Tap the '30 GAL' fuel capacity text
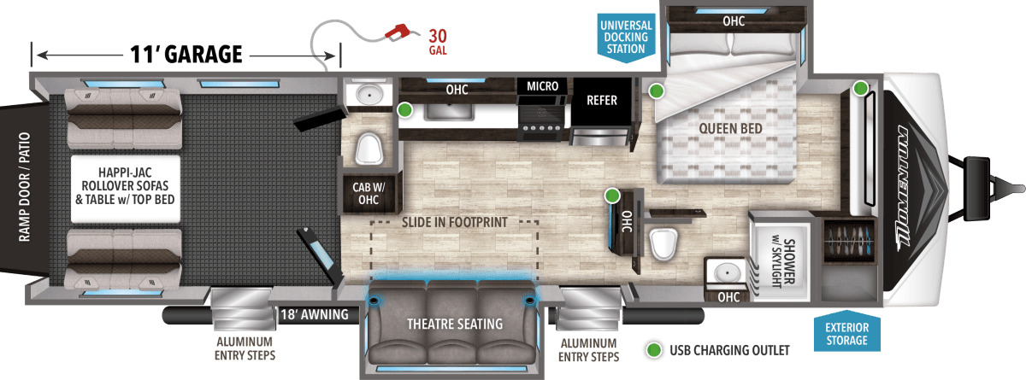(438, 42)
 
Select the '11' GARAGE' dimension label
(186, 55)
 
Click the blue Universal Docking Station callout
(626, 37)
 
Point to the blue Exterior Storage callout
(847, 332)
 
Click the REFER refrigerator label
(602, 100)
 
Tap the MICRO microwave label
(542, 86)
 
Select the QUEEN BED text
(730, 128)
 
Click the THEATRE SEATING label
(455, 324)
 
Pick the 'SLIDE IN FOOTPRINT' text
(454, 222)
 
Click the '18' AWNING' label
(315, 314)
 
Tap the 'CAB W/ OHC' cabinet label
(369, 194)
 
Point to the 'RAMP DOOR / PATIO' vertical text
(24, 187)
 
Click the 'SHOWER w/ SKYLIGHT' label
(783, 263)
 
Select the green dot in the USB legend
(653, 350)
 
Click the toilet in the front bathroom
(663, 243)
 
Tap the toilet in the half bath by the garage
(369, 149)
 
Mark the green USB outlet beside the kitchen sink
(404, 110)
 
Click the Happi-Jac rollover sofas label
(125, 186)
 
